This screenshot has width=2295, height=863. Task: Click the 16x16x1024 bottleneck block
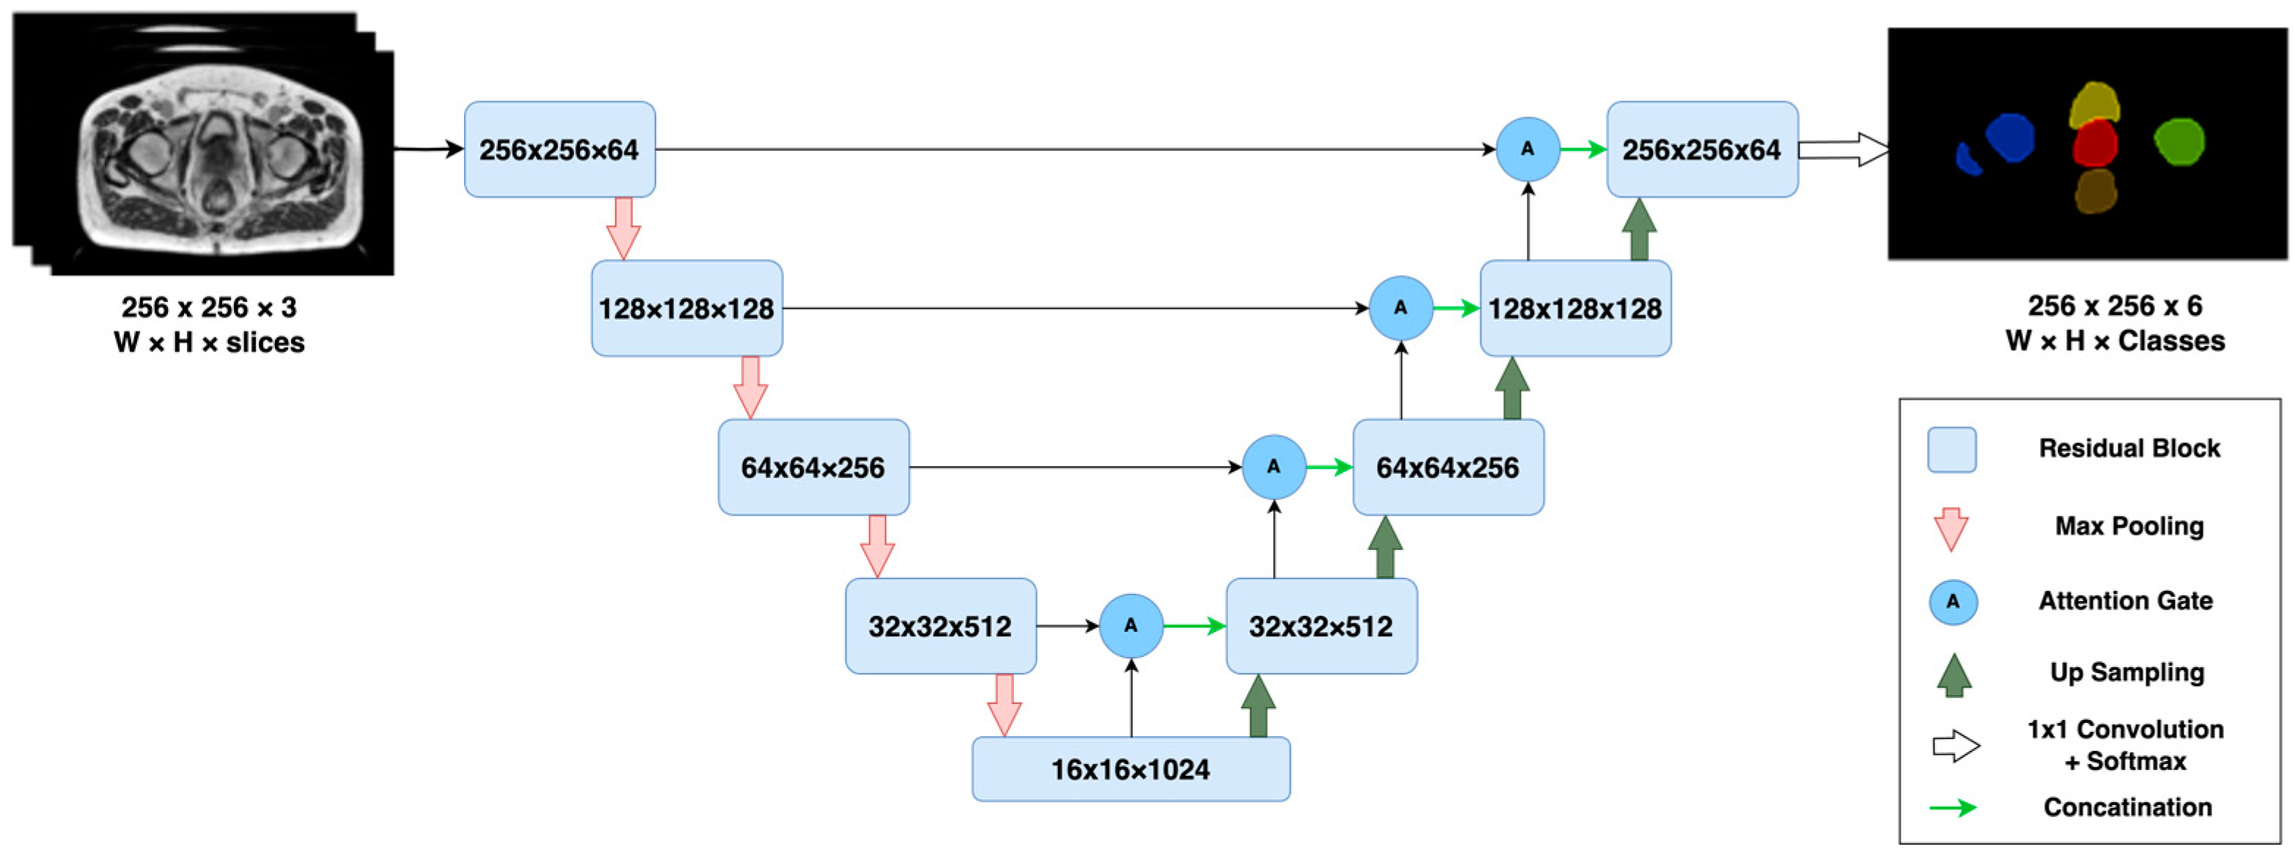(1130, 768)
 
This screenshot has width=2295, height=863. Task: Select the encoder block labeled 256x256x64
(559, 149)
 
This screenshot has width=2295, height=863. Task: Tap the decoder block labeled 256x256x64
(1702, 149)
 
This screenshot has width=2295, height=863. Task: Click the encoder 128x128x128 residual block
(686, 309)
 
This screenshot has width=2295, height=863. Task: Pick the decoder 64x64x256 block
(1448, 467)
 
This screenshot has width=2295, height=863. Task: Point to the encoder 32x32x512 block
(940, 626)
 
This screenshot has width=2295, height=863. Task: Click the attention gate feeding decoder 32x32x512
(1130, 626)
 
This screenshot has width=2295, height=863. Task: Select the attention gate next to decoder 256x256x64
(1527, 149)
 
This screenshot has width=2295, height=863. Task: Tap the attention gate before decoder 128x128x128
(1401, 309)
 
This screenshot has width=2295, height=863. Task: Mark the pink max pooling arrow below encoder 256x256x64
(624, 228)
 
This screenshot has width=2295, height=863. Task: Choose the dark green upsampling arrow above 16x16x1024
(1258, 706)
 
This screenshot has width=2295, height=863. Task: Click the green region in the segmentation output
(2179, 142)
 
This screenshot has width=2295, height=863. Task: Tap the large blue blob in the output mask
(2010, 138)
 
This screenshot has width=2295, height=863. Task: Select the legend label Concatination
(2126, 807)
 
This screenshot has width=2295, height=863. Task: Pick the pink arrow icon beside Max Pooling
(1951, 529)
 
